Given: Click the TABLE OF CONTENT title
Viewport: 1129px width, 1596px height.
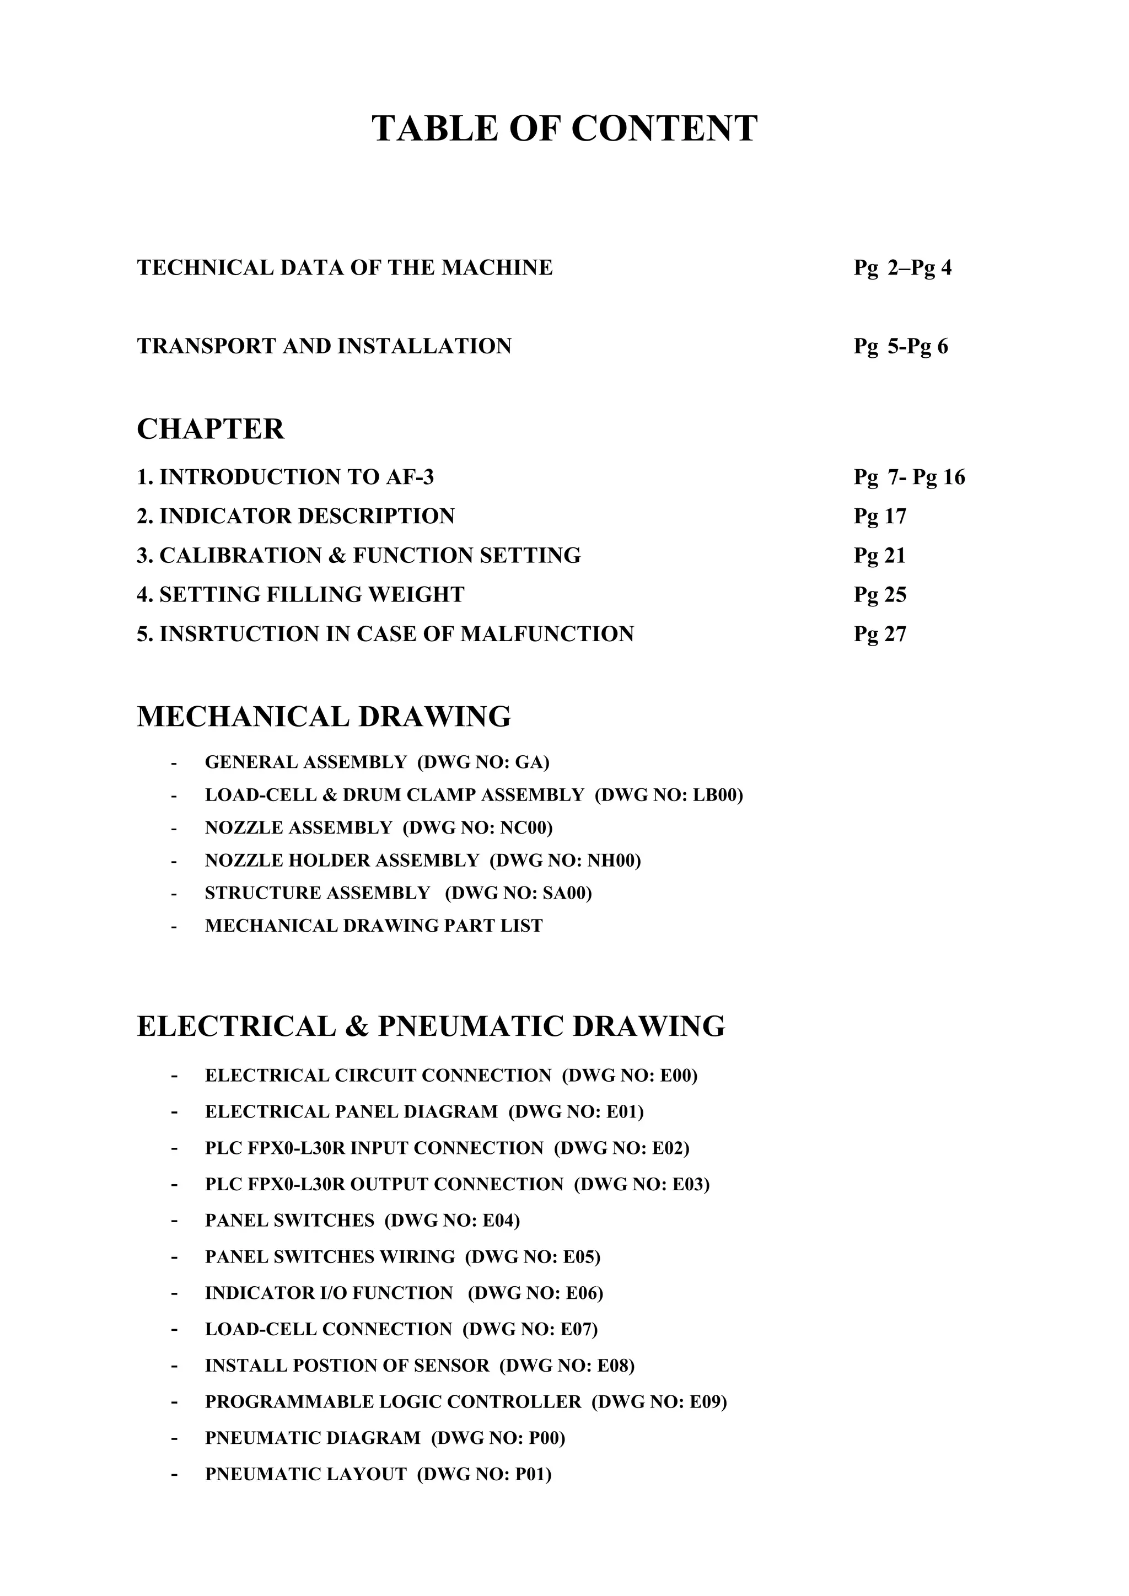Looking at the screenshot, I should (564, 128).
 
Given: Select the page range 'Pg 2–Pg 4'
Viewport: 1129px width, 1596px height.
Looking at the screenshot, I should (902, 267).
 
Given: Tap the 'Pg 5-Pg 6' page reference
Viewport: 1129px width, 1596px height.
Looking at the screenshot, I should (900, 346).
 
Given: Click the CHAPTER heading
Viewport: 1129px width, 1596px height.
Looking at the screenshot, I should (211, 429).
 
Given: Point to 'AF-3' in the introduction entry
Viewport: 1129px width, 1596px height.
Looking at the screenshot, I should (410, 477).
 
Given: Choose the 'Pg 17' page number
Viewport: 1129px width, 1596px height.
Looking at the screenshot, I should (880, 517).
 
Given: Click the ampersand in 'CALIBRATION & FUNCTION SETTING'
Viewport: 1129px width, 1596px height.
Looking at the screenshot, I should (337, 555).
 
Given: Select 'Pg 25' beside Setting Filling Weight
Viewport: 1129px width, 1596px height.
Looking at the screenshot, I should (880, 595).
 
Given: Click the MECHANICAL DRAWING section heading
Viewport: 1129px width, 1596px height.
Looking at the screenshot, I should (324, 717).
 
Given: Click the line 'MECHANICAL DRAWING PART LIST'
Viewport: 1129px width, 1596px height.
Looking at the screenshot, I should (373, 926).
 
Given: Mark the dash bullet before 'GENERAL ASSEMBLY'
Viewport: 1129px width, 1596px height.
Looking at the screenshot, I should (174, 763).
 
